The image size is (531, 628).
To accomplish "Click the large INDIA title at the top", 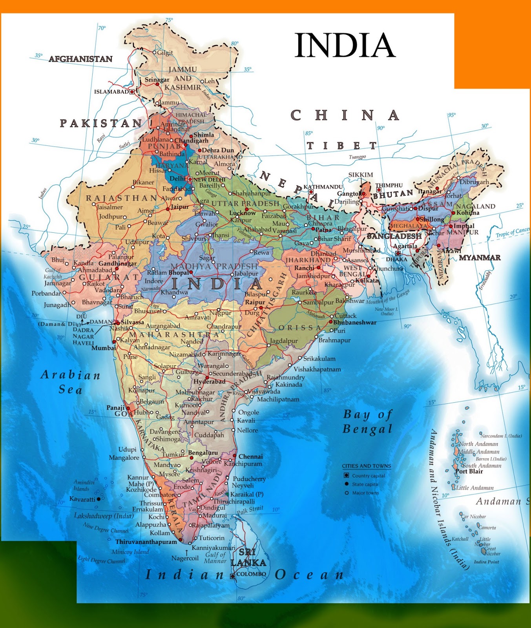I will point(345,46).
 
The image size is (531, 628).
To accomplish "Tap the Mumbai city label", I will point(104,348).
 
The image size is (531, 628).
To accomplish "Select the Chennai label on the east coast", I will point(250,456).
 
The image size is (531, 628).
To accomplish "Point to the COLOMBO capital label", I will point(251,574).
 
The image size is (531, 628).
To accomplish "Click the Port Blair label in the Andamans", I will point(469,471).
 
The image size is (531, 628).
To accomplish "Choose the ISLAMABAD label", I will point(111,92).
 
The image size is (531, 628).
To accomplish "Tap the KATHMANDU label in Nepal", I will point(323,187).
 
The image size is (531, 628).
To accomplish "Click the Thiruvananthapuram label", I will point(146,542).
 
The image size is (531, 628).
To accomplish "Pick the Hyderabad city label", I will point(210,382).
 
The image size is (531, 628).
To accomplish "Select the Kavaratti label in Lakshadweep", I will point(82,499).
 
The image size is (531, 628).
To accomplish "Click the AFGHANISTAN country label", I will point(80,59).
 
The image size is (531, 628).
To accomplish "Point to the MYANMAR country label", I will point(480,258).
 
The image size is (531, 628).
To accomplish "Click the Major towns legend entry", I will point(365,493).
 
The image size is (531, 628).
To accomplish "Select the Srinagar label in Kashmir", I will point(157,80).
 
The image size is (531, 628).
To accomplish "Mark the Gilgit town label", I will point(165,53).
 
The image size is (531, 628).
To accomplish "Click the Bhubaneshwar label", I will point(355,323).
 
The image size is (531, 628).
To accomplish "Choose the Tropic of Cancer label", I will point(512,232).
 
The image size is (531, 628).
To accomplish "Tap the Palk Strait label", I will point(250,510).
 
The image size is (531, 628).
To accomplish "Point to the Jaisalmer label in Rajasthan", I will point(109,207).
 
